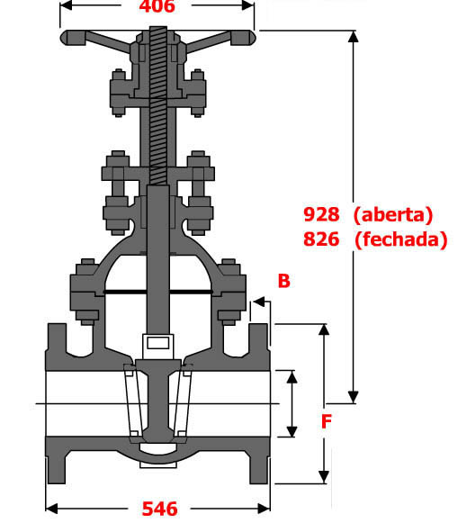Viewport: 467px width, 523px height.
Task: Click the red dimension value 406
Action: tap(157, 6)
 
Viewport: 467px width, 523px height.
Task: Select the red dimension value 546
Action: tap(159, 509)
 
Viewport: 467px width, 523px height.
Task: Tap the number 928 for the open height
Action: tap(321, 214)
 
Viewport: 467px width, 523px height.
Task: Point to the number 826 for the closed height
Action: tap(321, 239)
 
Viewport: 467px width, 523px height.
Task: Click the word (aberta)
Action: tap(393, 214)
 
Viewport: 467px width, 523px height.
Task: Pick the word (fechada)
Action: tap(401, 239)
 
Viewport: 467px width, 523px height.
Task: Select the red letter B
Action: tap(283, 281)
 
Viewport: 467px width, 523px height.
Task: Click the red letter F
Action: tap(327, 421)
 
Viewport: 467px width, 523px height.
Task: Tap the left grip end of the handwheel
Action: tap(73, 38)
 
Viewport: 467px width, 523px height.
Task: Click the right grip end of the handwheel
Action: tap(243, 38)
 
